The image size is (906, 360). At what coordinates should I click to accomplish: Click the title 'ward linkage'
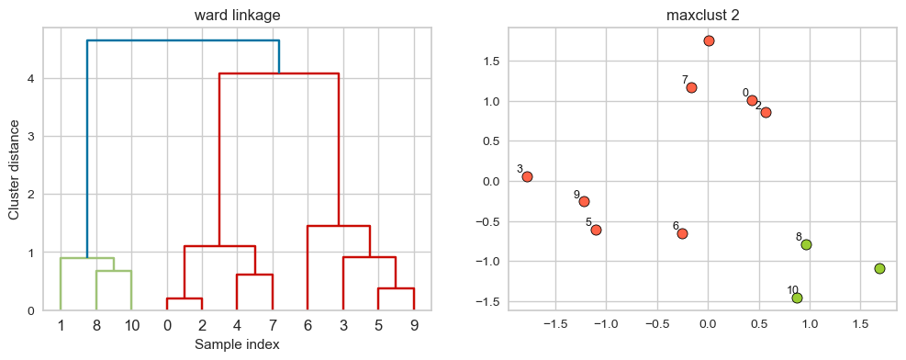click(x=237, y=15)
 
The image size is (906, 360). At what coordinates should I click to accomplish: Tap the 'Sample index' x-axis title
click(x=237, y=344)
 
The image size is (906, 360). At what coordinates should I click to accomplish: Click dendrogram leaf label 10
click(x=131, y=324)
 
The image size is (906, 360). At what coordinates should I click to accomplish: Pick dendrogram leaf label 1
click(x=61, y=324)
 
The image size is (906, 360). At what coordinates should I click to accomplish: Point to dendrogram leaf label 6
click(x=308, y=324)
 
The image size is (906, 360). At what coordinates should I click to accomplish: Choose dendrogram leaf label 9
click(x=413, y=324)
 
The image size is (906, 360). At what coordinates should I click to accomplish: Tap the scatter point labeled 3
click(x=527, y=176)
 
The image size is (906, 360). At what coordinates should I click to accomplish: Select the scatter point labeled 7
click(x=691, y=88)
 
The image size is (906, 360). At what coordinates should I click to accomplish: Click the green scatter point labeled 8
click(x=806, y=244)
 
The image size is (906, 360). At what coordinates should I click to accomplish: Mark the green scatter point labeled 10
click(x=797, y=298)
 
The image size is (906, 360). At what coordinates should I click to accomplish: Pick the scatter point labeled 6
click(x=682, y=233)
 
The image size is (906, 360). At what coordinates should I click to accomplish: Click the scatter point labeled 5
click(x=596, y=230)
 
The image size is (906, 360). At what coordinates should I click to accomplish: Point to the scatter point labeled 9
click(x=584, y=201)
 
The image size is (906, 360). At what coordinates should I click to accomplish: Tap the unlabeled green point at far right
click(x=879, y=268)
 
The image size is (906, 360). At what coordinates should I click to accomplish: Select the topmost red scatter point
click(x=709, y=40)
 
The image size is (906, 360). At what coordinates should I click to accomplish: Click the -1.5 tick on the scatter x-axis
click(x=555, y=323)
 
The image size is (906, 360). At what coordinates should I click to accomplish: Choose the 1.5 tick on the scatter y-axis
click(x=493, y=62)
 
